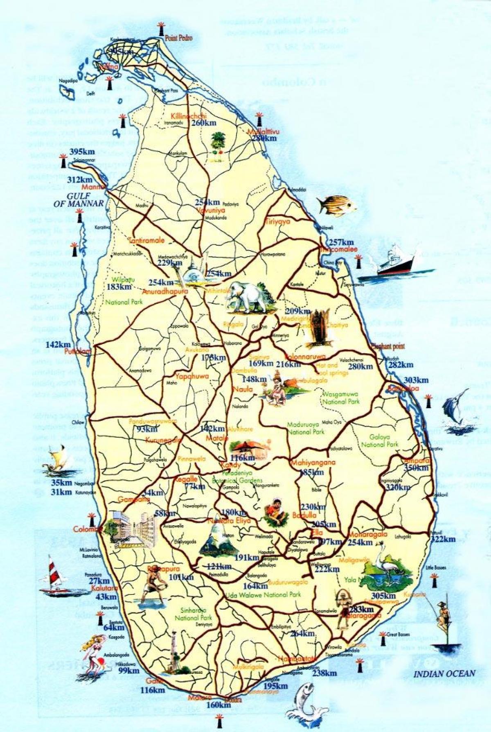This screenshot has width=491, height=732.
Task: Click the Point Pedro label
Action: coord(178,38)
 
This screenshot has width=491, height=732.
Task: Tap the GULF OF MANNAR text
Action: coord(79,199)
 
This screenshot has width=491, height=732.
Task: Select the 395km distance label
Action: coord(82,151)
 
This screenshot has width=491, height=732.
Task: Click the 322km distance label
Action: coord(443,539)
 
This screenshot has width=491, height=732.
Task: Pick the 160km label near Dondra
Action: coord(218,705)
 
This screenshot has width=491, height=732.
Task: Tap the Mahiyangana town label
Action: coord(313,463)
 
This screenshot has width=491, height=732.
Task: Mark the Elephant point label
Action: coord(387,346)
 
